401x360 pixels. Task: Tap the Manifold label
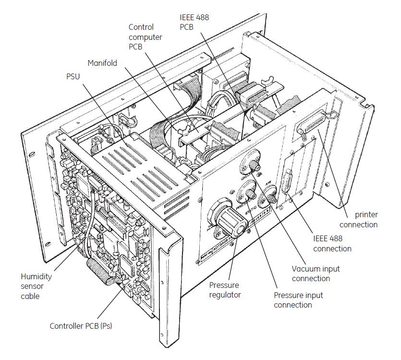(x=102, y=63)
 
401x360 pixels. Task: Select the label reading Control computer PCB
(x=145, y=37)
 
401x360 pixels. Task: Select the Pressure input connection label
(x=298, y=300)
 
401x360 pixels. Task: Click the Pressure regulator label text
(x=225, y=290)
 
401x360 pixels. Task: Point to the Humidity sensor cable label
(x=36, y=286)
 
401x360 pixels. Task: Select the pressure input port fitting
(x=250, y=195)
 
